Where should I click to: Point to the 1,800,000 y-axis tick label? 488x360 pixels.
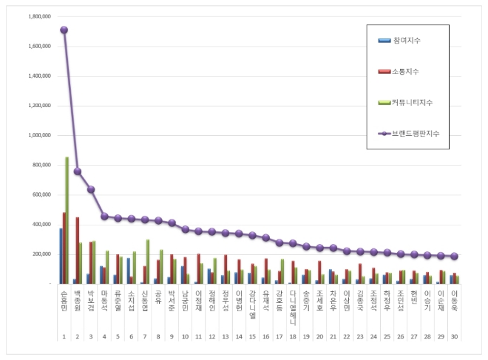36,16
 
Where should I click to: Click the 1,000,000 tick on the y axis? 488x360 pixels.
36,135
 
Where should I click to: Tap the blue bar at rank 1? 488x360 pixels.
61,256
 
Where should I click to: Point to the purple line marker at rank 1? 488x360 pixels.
64,30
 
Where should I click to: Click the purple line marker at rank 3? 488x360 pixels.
91,189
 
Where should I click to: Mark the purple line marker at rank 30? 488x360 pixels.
453,257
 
